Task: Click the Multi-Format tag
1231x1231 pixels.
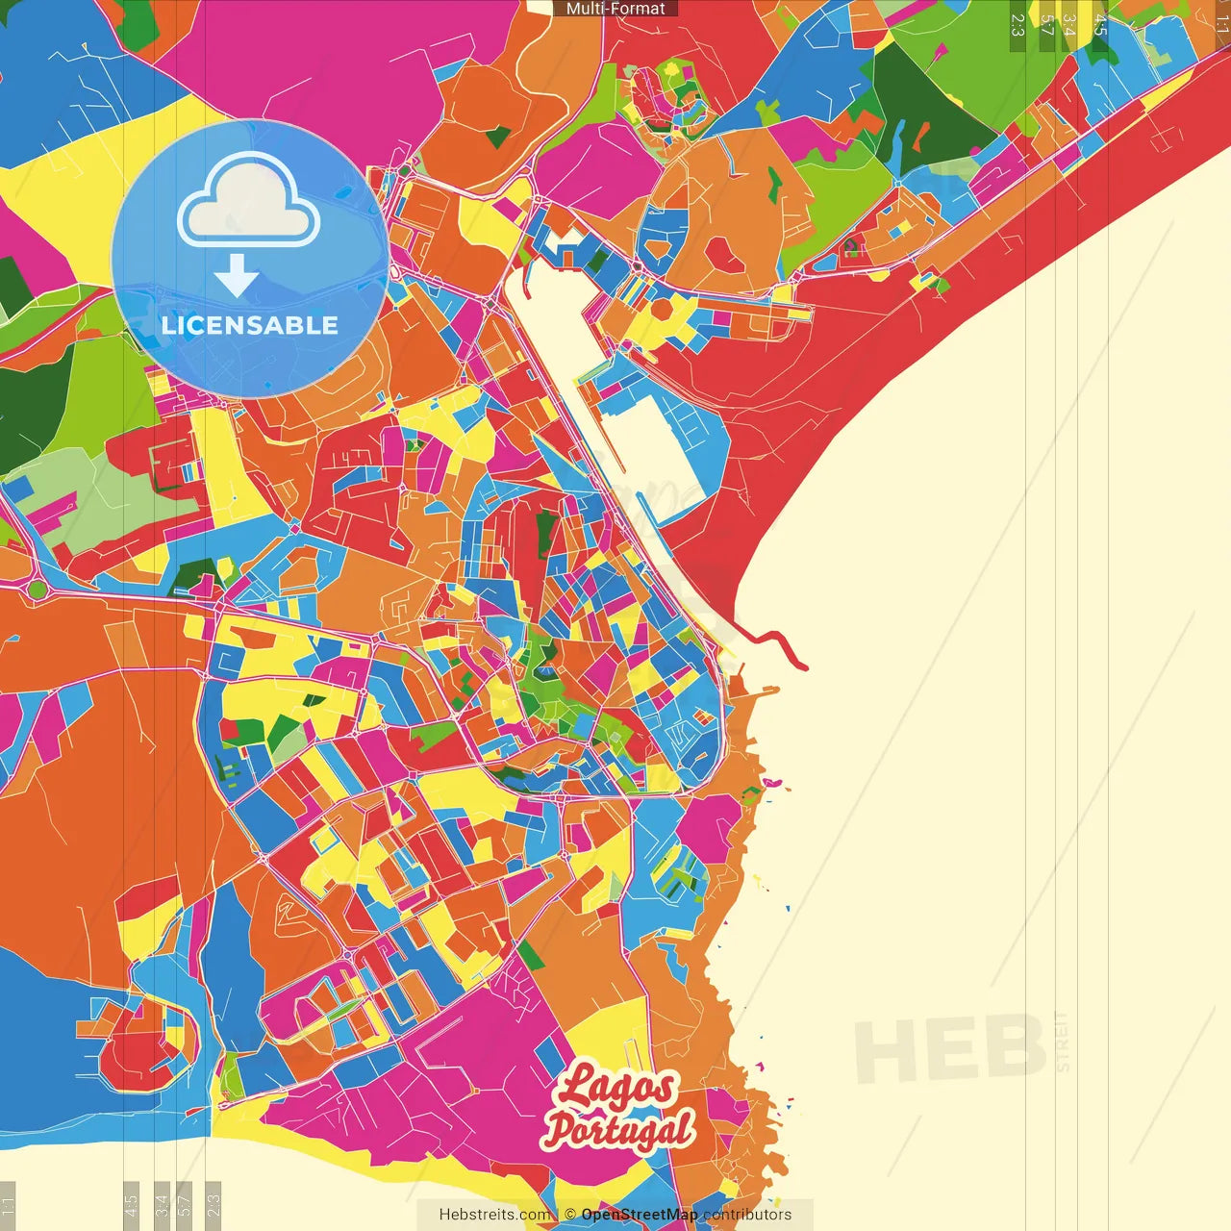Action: pyautogui.click(x=615, y=9)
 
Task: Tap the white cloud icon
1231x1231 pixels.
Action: pyautogui.click(x=249, y=201)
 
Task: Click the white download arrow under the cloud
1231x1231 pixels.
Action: pyautogui.click(x=236, y=275)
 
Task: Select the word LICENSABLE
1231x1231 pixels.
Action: pyautogui.click(x=250, y=325)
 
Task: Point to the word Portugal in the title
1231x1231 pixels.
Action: pyautogui.click(x=618, y=1129)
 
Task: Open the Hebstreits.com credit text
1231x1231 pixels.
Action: pyautogui.click(x=495, y=1215)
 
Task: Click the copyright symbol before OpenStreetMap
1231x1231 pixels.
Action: pyautogui.click(x=569, y=1215)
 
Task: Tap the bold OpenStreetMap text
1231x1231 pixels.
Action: pyautogui.click(x=640, y=1215)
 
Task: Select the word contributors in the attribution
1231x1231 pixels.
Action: pyautogui.click(x=747, y=1215)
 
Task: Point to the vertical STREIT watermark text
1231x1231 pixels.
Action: pyautogui.click(x=1063, y=1042)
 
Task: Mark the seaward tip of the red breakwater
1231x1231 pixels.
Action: pyautogui.click(x=804, y=666)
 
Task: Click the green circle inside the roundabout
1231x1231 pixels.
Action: pyautogui.click(x=37, y=589)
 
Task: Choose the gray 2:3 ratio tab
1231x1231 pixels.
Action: pyautogui.click(x=214, y=1203)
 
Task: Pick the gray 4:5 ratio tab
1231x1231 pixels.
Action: pyautogui.click(x=131, y=1203)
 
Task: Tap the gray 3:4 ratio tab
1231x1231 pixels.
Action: pyautogui.click(x=162, y=1203)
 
